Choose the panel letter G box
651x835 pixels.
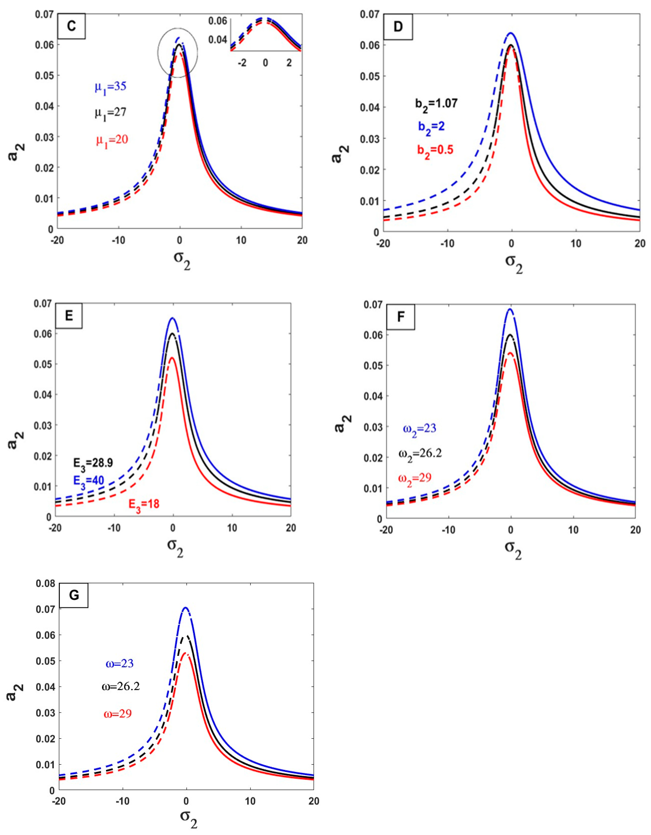74,595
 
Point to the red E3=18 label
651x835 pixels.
143,504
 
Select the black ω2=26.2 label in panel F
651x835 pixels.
420,454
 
